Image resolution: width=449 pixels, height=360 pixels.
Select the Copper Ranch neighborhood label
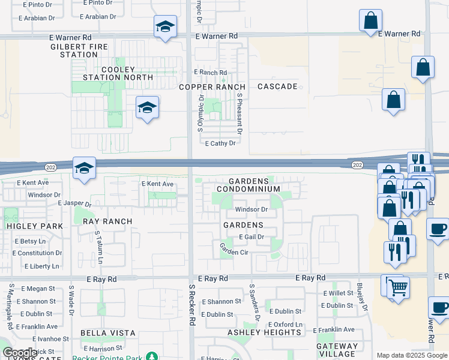213,87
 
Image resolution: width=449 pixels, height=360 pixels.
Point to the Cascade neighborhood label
277,86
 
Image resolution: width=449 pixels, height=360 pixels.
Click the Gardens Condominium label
248,185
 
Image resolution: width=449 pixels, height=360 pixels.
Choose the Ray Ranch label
107,221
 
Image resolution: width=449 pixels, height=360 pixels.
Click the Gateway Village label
337,350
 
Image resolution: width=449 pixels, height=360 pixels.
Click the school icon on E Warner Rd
165,27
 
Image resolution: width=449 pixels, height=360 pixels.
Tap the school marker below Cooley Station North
147,108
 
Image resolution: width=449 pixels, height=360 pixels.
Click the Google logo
20,353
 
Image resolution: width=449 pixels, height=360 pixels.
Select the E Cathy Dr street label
220,143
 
